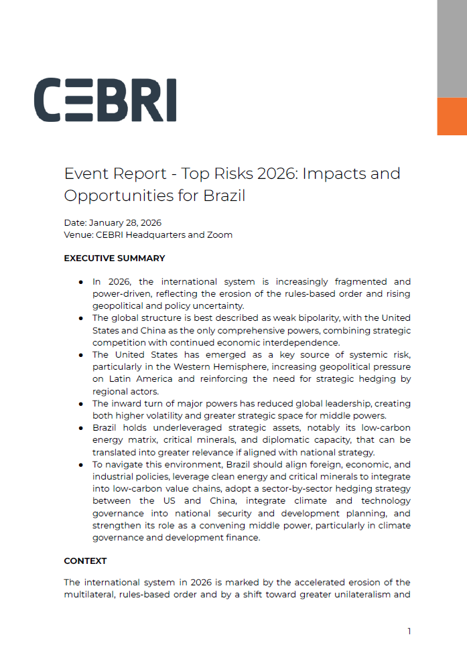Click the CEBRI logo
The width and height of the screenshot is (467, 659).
(x=105, y=100)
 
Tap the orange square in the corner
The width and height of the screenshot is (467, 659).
(x=452, y=117)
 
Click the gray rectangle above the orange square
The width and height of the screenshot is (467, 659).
(x=452, y=48)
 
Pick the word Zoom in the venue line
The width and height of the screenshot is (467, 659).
(x=220, y=234)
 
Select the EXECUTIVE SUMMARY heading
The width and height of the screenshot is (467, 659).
(x=115, y=258)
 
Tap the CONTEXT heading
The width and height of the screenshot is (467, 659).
(x=85, y=561)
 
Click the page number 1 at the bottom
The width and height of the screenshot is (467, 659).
(x=409, y=631)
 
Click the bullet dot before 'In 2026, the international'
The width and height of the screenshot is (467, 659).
(x=81, y=282)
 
